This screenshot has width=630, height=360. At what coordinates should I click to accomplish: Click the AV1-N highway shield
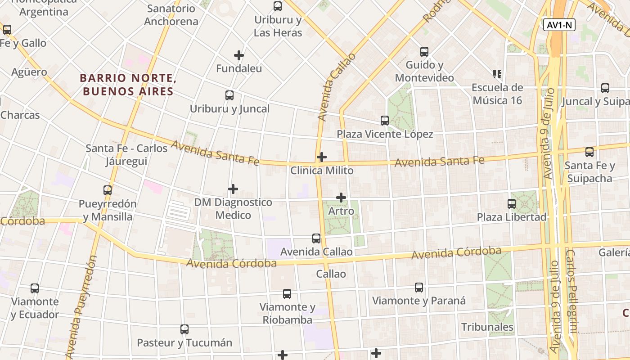[559, 25]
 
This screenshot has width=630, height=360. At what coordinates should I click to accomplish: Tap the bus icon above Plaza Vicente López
[384, 120]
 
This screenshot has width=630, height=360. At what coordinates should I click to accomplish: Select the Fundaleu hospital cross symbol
[239, 55]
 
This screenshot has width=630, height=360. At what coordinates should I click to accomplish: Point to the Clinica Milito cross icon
[322, 157]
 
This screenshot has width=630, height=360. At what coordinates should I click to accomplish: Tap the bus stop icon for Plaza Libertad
[512, 203]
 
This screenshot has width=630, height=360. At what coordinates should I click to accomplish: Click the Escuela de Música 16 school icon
[497, 74]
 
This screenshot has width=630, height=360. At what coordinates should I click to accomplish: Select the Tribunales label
[487, 327]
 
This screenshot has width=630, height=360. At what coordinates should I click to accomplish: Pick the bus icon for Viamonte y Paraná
[419, 287]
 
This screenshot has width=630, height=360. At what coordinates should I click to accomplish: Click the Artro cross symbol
[341, 197]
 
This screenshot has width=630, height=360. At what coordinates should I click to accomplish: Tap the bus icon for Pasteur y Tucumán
[184, 329]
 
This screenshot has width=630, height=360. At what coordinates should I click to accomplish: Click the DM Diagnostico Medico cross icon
[233, 189]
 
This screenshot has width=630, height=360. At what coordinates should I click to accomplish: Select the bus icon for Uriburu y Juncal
[229, 95]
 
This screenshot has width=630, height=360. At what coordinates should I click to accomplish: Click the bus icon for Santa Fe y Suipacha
[589, 152]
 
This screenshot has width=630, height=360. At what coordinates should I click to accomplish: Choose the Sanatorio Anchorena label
[171, 15]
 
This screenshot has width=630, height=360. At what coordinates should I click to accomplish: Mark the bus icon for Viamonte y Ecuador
[35, 288]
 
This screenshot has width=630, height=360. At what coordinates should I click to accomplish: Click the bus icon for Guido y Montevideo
[424, 51]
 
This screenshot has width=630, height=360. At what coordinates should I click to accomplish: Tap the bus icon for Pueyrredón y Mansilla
[108, 190]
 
